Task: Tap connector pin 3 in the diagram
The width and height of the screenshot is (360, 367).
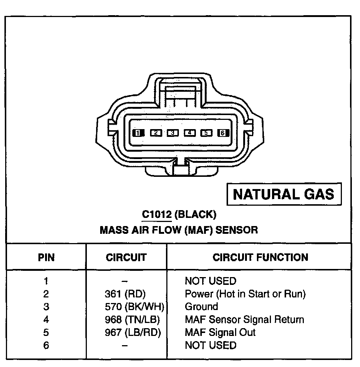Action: coord(172,133)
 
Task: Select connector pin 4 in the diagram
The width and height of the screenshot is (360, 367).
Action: coord(190,133)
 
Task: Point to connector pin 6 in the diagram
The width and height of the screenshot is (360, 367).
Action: coord(223,133)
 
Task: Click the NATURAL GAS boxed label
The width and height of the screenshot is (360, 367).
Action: coord(283,194)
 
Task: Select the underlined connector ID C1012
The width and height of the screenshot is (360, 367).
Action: coord(157,215)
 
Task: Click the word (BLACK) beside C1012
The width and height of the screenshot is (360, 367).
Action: coord(195,215)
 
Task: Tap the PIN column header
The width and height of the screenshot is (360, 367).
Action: coord(46,257)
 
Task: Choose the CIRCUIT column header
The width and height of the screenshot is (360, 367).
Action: coord(126,257)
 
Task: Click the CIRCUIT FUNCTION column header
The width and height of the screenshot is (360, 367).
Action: coord(260,257)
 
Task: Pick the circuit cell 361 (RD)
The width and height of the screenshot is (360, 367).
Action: coord(126,294)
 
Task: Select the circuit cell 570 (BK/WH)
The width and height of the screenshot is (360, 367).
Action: coord(134,307)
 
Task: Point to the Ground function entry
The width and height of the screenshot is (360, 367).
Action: coord(201,307)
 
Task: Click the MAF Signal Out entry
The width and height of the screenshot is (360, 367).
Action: coord(220,332)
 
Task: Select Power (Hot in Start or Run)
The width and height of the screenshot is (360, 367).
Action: coord(245,294)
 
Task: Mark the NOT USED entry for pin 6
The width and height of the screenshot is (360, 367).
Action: coord(210,345)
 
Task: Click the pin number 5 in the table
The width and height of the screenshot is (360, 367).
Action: coord(46,332)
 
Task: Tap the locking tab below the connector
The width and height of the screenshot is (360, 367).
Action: coord(180,171)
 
